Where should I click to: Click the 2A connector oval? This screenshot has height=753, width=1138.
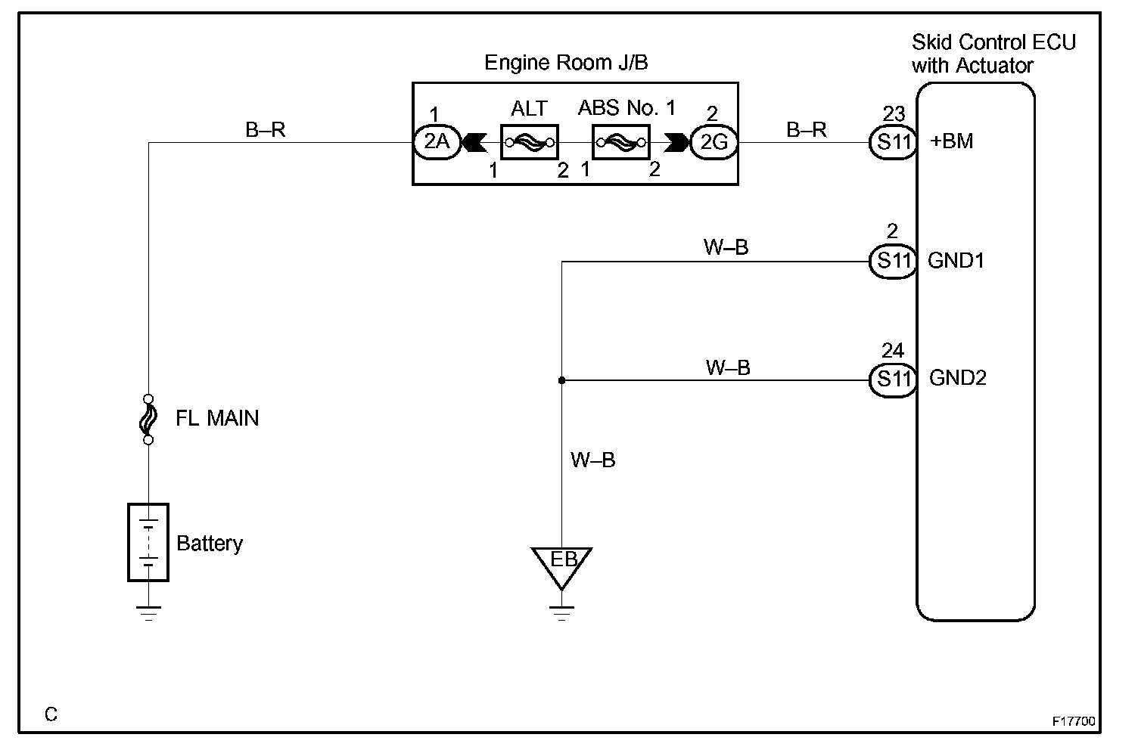click(x=437, y=142)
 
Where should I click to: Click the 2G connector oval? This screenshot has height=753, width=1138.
click(x=714, y=142)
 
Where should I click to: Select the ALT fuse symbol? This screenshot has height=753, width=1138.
click(x=530, y=142)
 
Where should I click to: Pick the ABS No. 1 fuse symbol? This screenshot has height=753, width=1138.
click(x=620, y=142)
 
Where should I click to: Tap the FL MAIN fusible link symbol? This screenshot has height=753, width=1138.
click(x=148, y=420)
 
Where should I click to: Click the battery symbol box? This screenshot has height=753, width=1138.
click(x=148, y=542)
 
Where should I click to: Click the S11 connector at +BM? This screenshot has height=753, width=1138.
click(x=893, y=142)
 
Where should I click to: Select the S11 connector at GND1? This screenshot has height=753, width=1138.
click(x=893, y=262)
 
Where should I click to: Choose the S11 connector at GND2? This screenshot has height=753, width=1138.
click(x=893, y=380)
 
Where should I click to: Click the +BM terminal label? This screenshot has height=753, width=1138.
click(x=951, y=141)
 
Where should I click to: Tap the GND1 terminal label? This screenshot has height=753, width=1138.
click(x=956, y=261)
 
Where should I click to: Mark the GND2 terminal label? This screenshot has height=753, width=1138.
click(x=958, y=378)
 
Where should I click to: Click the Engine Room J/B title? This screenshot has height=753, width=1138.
click(x=566, y=63)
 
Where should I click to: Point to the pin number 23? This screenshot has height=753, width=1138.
click(x=894, y=113)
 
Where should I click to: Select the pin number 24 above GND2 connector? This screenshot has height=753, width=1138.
click(x=893, y=350)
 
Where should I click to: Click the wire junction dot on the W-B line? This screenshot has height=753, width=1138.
click(x=561, y=380)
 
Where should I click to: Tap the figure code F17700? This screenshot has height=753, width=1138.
click(x=1074, y=721)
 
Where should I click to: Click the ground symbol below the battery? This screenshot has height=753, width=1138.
click(x=148, y=613)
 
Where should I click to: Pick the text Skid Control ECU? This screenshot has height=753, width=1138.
click(x=993, y=42)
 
